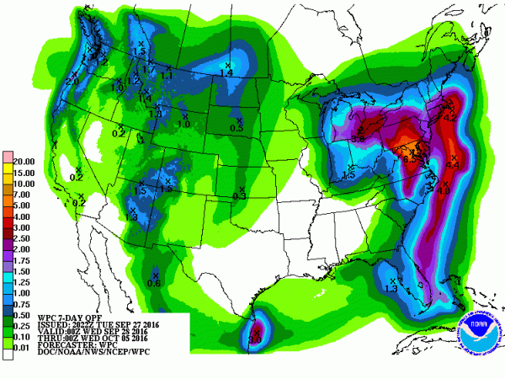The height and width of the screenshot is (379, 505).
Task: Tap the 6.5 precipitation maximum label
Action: click(x=411, y=157)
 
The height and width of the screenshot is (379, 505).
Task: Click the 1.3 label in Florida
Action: click(x=391, y=288)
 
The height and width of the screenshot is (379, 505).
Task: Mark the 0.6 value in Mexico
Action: click(x=154, y=282)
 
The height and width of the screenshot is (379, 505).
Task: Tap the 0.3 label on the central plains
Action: click(x=239, y=195)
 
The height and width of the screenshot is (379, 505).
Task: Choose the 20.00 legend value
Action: click(x=24, y=161)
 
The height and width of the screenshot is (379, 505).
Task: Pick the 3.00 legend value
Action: click(x=24, y=227)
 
